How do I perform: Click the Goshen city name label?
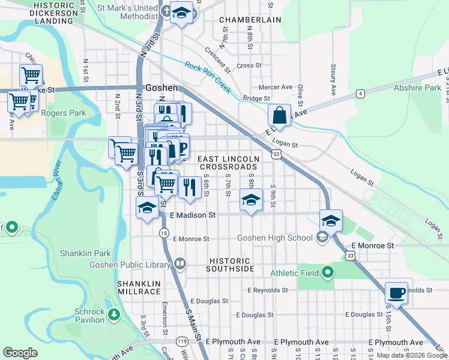pos(161,88)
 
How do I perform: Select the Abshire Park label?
pos(417,88)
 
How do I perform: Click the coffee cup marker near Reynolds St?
pos(396,293)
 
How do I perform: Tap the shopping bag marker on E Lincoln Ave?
pos(280,113)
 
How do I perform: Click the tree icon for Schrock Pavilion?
pos(114,313)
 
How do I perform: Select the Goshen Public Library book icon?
pos(180,264)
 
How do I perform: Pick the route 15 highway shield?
pos(164,233)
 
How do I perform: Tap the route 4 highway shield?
pos(360,94)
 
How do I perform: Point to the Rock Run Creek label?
pos(208,77)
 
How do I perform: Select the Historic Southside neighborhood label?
pos(232,265)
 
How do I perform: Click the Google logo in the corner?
pos(20,353)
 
